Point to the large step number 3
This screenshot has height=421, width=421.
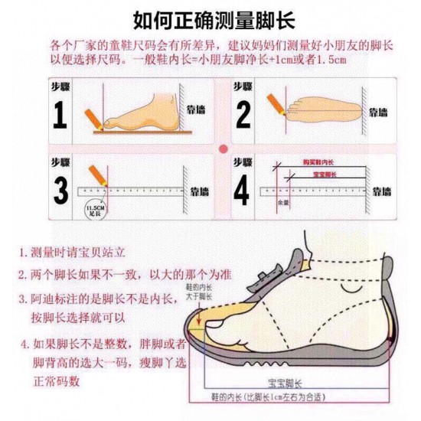tap(60, 191)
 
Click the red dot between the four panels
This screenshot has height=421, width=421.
tap(223, 148)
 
